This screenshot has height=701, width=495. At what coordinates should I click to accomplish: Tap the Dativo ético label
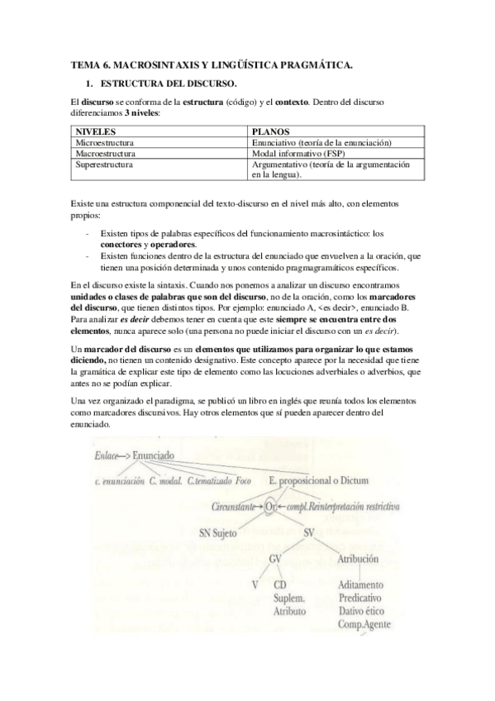(364, 611)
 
